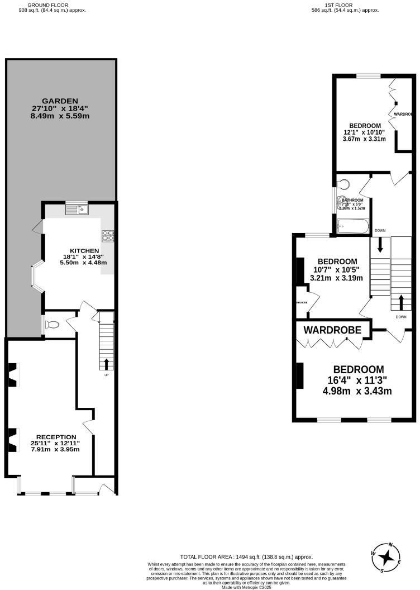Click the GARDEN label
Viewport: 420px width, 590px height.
point(61,101)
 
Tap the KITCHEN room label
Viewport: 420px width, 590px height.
point(84,250)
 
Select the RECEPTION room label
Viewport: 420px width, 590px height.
point(56,437)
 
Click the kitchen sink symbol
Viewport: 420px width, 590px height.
point(77,210)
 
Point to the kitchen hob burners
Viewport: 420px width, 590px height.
point(108,236)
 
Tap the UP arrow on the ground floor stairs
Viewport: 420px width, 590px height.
point(107,364)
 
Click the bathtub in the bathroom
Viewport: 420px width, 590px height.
point(353,226)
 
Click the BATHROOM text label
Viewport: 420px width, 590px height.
point(352,200)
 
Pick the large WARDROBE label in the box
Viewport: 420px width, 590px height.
point(336,330)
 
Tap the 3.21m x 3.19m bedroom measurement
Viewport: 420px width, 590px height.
point(337,277)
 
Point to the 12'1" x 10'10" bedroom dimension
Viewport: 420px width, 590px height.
point(365,132)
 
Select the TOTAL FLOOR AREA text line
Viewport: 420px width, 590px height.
point(246,556)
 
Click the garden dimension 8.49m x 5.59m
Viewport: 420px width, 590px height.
point(61,116)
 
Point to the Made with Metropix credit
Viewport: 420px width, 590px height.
point(246,587)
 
